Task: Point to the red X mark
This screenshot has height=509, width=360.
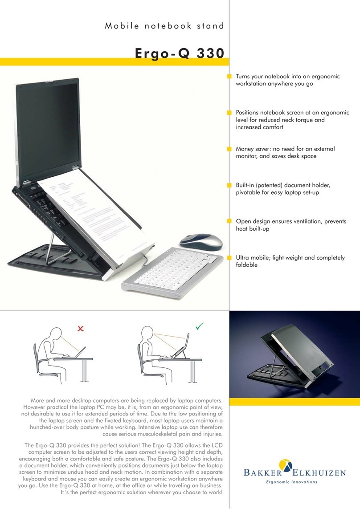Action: pyautogui.click(x=81, y=329)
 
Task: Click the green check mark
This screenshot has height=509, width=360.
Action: pyautogui.click(x=199, y=327)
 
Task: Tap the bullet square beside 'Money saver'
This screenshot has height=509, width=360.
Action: pyautogui.click(x=230, y=149)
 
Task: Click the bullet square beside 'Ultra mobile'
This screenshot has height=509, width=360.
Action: pyautogui.click(x=230, y=257)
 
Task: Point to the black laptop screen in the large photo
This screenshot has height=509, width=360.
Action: pyautogui.click(x=71, y=129)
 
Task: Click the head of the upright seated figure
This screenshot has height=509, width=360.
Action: pyautogui.click(x=147, y=335)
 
